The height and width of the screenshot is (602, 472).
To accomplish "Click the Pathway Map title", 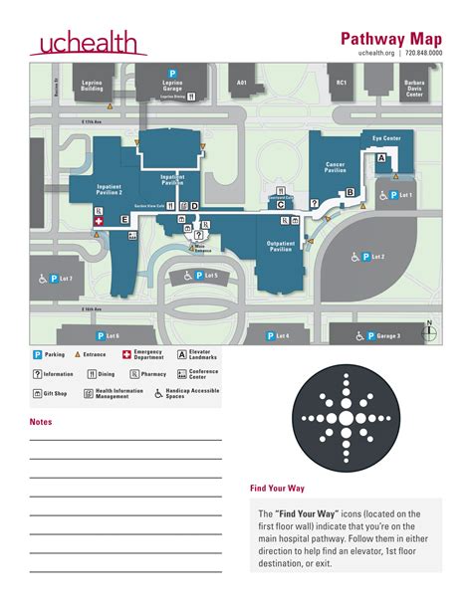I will [391, 38].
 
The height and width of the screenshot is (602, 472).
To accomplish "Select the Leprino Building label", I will [92, 87].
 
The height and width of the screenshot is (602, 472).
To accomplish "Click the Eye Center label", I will [386, 138].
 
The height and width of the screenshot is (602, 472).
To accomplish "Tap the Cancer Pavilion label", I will [335, 167].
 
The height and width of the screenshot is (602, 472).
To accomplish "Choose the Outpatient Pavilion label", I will [281, 247].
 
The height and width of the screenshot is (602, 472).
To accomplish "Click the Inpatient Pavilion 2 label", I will [109, 189].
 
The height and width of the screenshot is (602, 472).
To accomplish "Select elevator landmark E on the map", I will [124, 218].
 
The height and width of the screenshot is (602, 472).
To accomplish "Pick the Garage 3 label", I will [381, 336].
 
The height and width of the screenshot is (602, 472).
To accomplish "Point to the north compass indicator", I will [429, 329].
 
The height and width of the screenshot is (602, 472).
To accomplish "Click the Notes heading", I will [41, 422].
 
